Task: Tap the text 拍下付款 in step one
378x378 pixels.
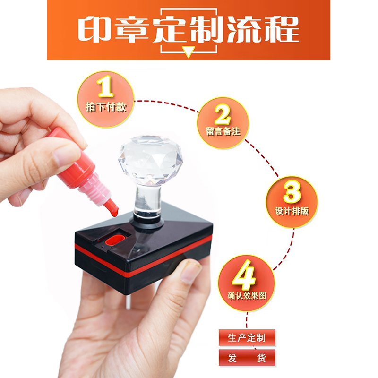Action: pyautogui.click(x=106, y=108)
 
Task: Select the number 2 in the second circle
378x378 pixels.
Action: pyautogui.click(x=223, y=114)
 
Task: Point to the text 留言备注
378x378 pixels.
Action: pyautogui.click(x=223, y=132)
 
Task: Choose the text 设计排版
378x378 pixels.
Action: pyautogui.click(x=292, y=211)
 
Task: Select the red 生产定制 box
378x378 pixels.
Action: pyautogui.click(x=247, y=338)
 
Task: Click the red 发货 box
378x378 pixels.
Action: pyautogui.click(x=247, y=358)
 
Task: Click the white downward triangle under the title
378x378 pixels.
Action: pyautogui.click(x=189, y=52)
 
